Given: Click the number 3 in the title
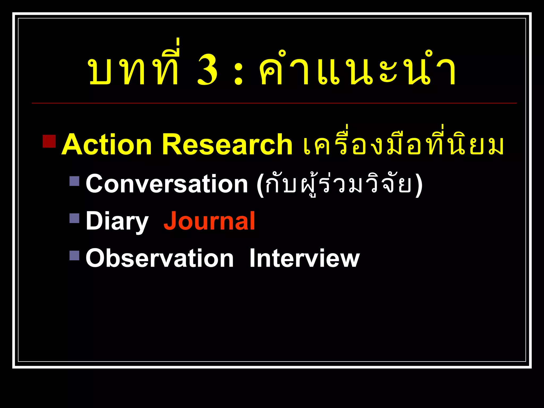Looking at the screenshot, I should pos(207,70).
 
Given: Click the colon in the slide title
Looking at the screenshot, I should pos(238,74).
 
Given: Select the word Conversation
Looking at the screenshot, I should pos(167,184).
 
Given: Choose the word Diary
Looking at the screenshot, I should pos(117,221).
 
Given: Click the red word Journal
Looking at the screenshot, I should pos(209,221).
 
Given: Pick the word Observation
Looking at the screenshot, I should pos(160,258).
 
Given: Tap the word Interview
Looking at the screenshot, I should pos(304,258).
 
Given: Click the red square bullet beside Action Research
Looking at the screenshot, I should pos(49,141).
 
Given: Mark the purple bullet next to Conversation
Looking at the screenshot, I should pos(74,181).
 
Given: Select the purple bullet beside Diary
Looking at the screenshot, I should pos(74,218).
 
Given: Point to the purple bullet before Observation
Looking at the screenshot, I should pos(74,255).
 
